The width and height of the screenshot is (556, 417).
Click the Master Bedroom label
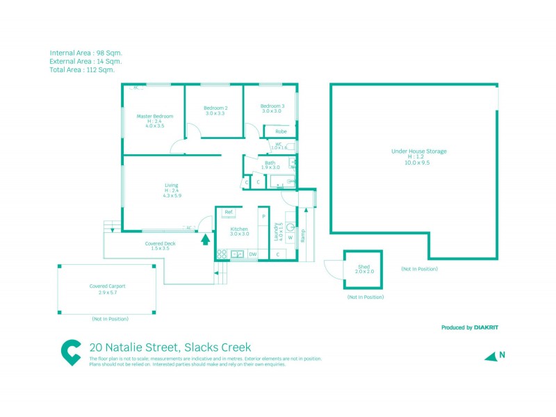pos(154,116)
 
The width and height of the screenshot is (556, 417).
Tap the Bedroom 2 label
pos(215,108)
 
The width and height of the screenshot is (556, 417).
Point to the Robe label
pos(281,131)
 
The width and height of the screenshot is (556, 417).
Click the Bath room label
pos(270,163)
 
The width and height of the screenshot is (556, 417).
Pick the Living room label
pos(171,185)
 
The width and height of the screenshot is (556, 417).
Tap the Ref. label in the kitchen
pos(228,211)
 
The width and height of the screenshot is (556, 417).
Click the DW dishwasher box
pos(252,254)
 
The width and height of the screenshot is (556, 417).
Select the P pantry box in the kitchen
pos(263,216)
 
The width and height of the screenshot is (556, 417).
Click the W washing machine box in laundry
pos(290,238)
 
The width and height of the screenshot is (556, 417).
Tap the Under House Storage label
pos(418,151)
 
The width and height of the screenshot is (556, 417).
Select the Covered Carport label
pos(107,286)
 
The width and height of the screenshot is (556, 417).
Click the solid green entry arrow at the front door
pos(205,240)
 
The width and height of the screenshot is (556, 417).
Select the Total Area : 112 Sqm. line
pos(82,70)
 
